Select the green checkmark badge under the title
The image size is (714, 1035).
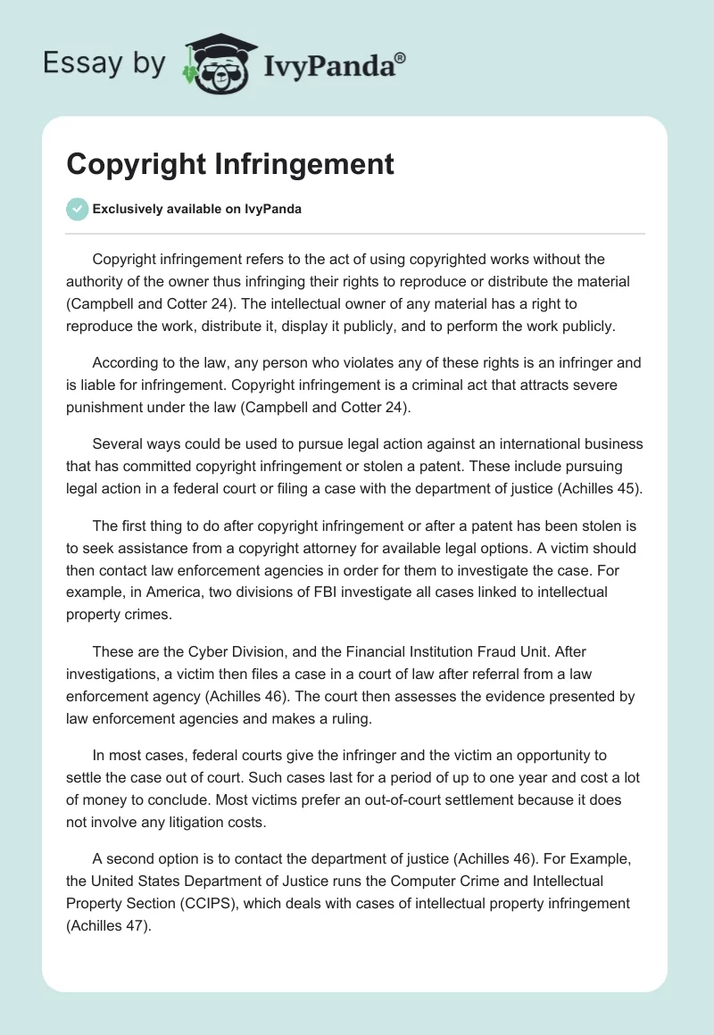[x=77, y=210]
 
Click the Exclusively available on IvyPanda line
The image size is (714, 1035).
[x=196, y=210]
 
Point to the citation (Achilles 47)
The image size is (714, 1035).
[x=108, y=926]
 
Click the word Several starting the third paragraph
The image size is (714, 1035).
[x=119, y=444]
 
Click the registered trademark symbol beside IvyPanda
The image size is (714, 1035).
[x=401, y=57]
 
